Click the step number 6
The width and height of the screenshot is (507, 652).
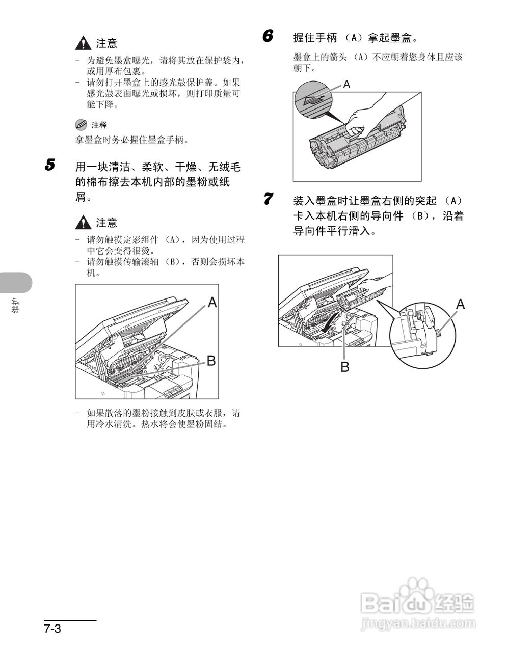268,36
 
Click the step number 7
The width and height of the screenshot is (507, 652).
268,198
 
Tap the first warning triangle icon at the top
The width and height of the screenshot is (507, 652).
83,44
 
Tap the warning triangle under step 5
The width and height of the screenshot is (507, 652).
83,223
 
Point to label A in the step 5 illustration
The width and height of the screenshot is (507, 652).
212,303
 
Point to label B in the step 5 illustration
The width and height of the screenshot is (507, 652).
210,361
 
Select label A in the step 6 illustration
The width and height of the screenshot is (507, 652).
346,85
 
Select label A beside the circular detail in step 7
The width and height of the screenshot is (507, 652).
460,305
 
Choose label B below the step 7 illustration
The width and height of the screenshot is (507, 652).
344,366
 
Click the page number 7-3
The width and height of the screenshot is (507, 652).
52,629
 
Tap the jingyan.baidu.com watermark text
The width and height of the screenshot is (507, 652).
417,623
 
